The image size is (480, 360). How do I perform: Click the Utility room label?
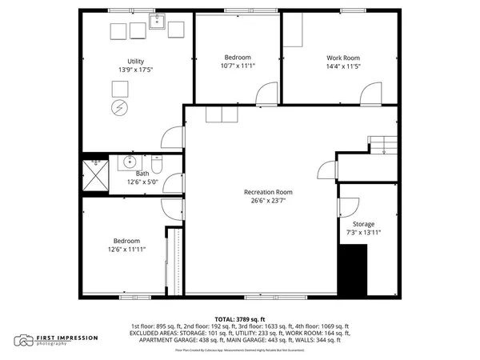pyautogui.click(x=135, y=61)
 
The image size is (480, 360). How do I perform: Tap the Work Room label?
pyautogui.click(x=343, y=58)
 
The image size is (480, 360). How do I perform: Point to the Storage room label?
pyautogui.click(x=363, y=224)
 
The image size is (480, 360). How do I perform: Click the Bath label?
pyautogui.click(x=142, y=174)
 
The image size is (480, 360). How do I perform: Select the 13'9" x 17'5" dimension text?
pyautogui.click(x=135, y=70)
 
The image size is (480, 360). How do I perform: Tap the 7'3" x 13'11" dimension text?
pyautogui.click(x=363, y=233)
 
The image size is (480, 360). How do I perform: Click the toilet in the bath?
pyautogui.click(x=158, y=166)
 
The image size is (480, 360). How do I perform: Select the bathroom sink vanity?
pyautogui.click(x=130, y=163)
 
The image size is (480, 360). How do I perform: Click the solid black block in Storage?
pyautogui.click(x=353, y=270)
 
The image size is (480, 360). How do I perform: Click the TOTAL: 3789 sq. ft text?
pyautogui.click(x=239, y=318)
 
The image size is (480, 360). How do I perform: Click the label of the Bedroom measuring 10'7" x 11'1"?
pyautogui.click(x=238, y=58)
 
